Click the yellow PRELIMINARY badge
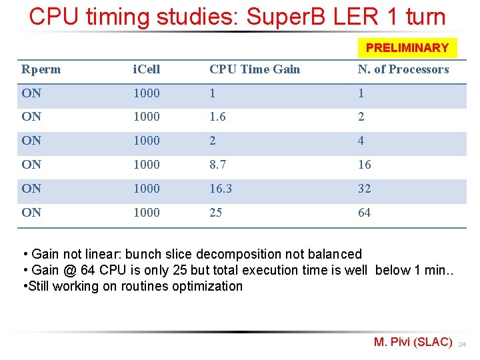point(407,48)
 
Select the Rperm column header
point(41,69)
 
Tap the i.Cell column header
point(146,69)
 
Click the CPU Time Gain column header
point(255,69)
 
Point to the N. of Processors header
point(403,69)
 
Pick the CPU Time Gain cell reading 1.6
point(217,117)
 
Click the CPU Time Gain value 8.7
point(217,165)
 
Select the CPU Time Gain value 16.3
point(221,189)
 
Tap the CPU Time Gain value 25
point(215,213)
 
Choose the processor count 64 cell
point(364,213)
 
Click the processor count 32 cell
point(364,189)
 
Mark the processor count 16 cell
point(364,165)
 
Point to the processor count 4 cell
point(361,141)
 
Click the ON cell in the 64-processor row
point(31,213)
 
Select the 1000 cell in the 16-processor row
point(146,165)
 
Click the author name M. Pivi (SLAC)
point(413,342)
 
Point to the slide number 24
point(462,345)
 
